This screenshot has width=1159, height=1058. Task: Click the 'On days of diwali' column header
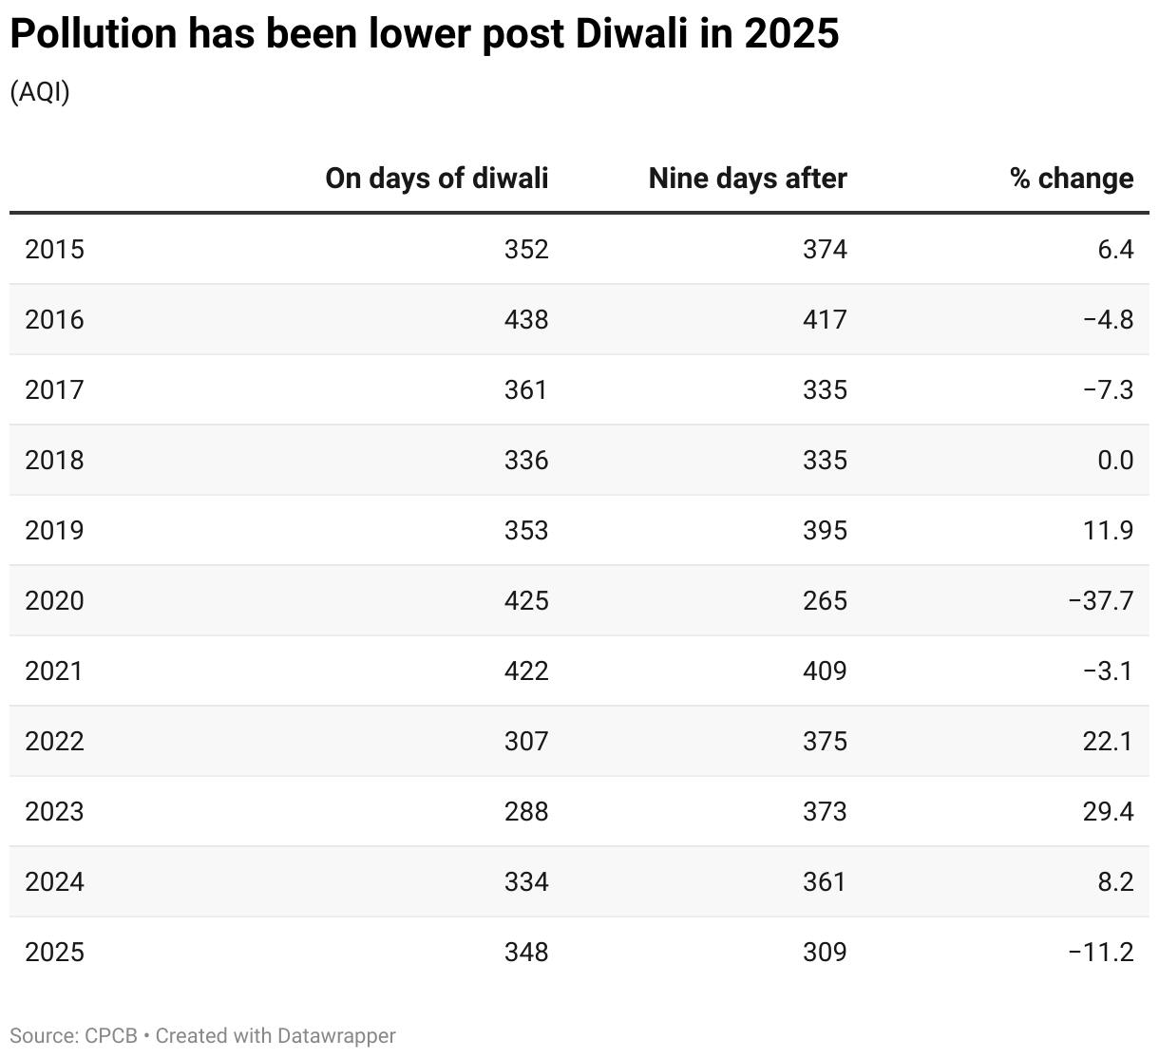pos(436,179)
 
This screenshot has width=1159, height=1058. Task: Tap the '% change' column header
pos(1072,179)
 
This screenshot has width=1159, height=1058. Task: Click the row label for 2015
pos(54,249)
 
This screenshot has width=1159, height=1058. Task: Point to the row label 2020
pos(54,600)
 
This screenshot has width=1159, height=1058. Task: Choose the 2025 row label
pos(54,952)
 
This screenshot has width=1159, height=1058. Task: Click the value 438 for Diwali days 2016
pos(526,319)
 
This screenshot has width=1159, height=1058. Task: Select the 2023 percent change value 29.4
pos(1108,811)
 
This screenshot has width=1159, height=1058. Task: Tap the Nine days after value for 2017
pos(824,389)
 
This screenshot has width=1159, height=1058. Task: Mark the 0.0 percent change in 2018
pos(1114,460)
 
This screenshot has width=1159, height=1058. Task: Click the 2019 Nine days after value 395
pos(824,530)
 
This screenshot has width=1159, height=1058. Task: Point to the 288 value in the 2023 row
pos(526,811)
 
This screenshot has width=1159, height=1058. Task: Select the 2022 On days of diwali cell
pos(526,741)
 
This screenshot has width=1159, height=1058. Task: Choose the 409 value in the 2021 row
pos(824,671)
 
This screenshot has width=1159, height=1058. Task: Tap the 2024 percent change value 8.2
pos(1114,881)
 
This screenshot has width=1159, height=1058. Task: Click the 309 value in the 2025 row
pos(824,952)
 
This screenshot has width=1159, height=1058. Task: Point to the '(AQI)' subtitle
pos(40,92)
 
